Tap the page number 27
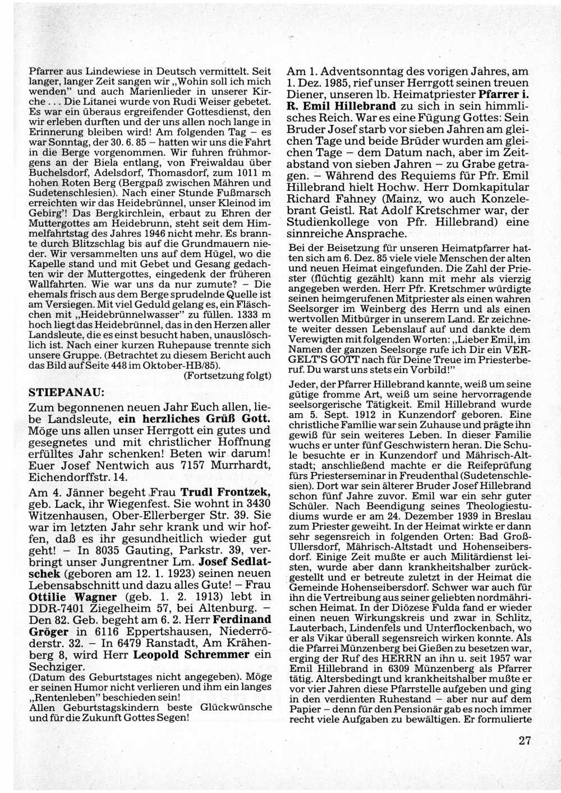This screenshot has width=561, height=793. click(525, 740)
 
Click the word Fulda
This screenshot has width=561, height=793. click(399, 609)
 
